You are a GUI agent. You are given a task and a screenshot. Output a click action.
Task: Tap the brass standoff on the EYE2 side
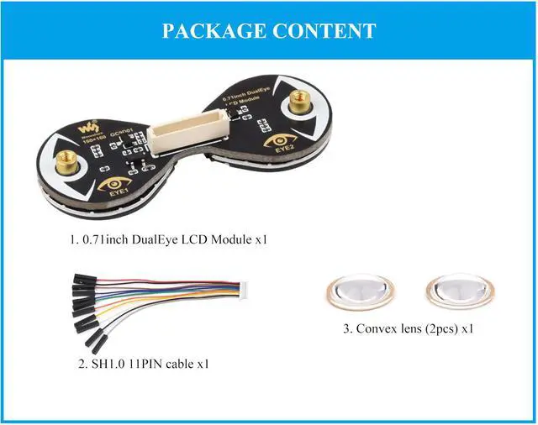(x=298, y=104)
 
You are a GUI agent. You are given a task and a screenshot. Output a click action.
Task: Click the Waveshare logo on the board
(x=85, y=129)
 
